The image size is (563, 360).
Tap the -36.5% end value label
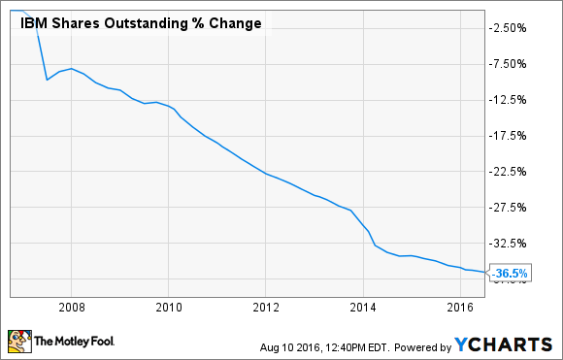(511, 274)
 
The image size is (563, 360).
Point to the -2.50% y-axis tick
(510, 27)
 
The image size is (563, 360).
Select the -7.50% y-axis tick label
(510, 64)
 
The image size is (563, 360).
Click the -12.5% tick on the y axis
(510, 100)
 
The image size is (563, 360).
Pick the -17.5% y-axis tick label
(510, 136)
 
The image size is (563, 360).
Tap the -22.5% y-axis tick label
(510, 172)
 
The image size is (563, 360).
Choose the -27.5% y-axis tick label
(510, 208)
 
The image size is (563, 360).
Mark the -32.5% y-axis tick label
(510, 244)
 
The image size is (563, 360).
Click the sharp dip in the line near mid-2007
(48, 79)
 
